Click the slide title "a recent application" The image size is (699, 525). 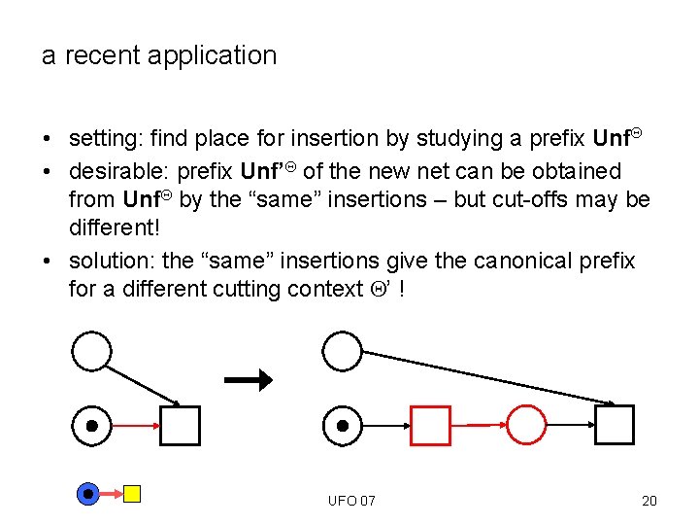(159, 55)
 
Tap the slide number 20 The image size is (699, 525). (649, 501)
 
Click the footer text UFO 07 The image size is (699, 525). (351, 501)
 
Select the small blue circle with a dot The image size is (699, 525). (88, 494)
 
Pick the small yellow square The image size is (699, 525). (132, 494)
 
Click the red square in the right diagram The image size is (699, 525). (431, 425)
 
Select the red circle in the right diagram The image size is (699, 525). (527, 425)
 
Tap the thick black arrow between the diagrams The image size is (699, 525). (249, 380)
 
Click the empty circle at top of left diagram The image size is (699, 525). (92, 351)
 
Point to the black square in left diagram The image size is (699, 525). (180, 425)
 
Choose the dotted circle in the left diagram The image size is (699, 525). (92, 425)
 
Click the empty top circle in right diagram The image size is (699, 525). (342, 351)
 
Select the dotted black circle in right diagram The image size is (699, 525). (342, 425)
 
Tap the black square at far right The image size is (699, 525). (614, 425)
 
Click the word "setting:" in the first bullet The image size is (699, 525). (108, 139)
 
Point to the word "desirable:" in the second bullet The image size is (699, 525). (119, 172)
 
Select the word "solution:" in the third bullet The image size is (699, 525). (112, 262)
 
